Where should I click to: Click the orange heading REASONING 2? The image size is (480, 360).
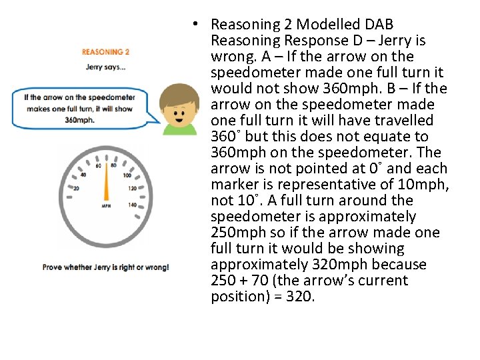(105, 51)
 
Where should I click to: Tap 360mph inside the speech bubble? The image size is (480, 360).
(80, 121)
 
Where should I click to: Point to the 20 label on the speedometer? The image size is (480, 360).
(76, 189)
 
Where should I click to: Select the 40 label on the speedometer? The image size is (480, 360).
(83, 175)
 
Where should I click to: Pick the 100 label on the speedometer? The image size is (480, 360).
(127, 175)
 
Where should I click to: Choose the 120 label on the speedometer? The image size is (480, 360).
(133, 189)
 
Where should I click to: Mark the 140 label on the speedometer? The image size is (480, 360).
(132, 205)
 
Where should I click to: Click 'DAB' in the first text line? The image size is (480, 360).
(379, 25)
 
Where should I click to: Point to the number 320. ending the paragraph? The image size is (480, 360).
(299, 297)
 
